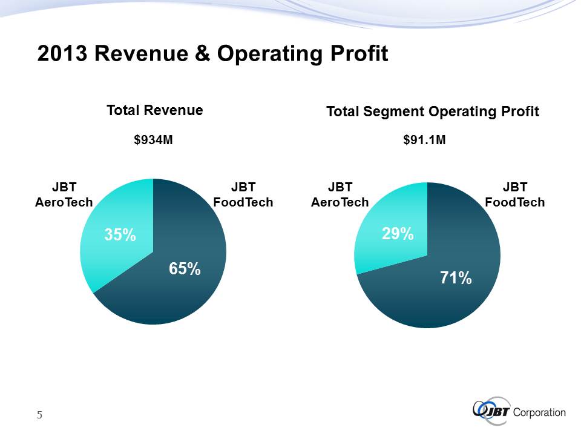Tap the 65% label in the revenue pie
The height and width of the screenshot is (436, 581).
185,269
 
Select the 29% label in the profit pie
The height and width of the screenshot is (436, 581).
398,233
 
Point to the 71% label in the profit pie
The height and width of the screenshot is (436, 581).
455,278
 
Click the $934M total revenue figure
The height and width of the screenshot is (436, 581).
154,140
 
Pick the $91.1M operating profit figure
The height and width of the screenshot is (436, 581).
425,140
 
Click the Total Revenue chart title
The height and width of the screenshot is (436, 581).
154,110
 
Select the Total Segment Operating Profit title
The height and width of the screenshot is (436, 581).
432,111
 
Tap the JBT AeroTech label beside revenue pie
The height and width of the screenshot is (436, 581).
64,194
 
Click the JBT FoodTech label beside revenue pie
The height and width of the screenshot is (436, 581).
243,194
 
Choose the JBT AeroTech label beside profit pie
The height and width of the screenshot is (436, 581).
339,194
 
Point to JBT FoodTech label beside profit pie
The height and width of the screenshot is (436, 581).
515,194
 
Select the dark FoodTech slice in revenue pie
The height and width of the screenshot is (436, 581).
176,297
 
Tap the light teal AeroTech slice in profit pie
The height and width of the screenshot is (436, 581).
387,254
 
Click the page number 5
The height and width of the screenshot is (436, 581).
39,415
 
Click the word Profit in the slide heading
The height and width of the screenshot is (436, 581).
357,54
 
